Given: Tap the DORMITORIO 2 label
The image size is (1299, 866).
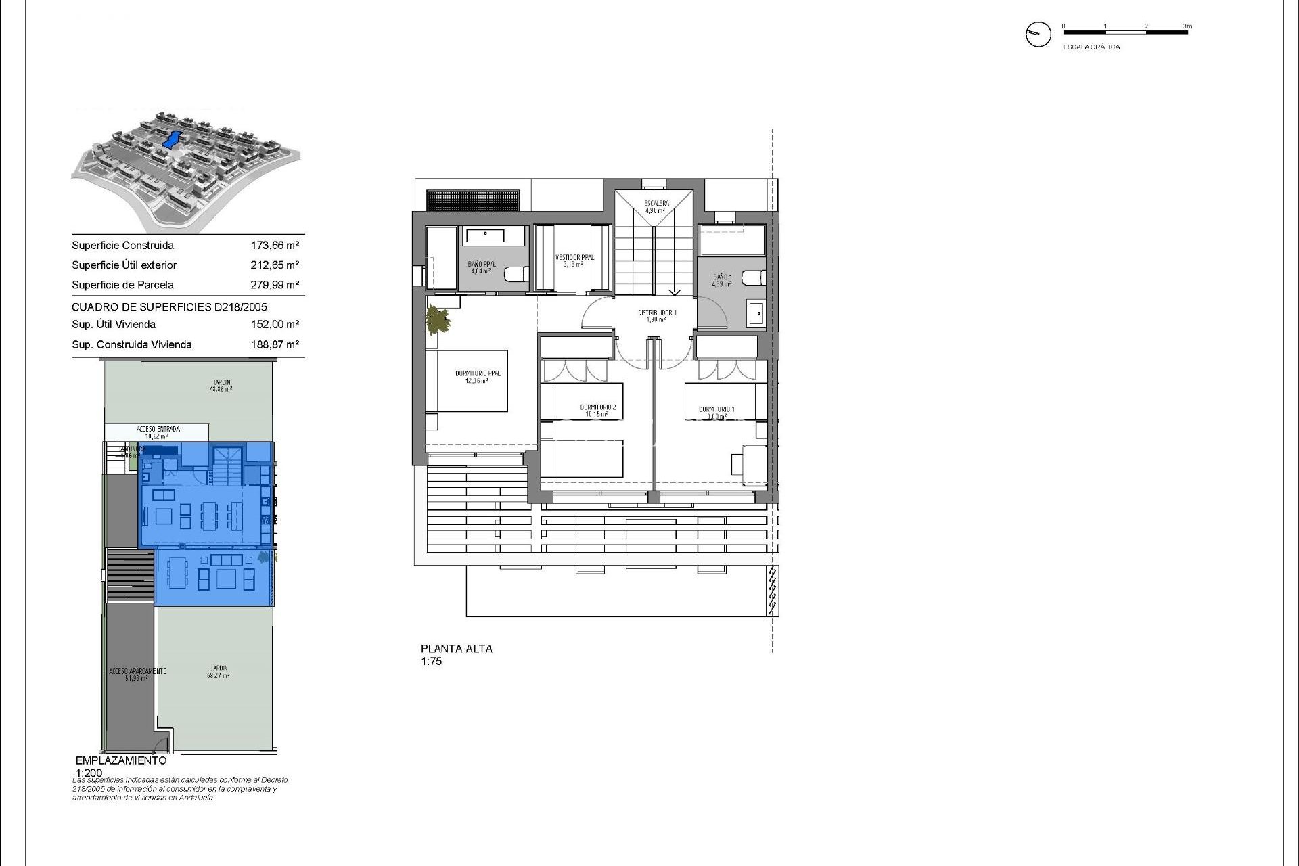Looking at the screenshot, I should (597, 408).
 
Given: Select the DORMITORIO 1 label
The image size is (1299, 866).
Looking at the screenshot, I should (716, 410).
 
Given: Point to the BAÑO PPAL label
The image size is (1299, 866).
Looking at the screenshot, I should (481, 265).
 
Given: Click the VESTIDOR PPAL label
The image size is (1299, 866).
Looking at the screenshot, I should (574, 258).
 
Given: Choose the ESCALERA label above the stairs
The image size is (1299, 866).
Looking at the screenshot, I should (656, 204).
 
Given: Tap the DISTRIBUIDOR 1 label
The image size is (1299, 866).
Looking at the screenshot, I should (656, 313).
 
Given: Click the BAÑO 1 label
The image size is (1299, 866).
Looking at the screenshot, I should (722, 277).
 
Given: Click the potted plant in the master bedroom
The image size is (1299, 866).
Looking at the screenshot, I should (438, 320).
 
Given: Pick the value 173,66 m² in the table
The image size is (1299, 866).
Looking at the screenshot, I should (275, 246).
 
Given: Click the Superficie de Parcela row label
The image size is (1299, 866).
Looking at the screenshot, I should (122, 285).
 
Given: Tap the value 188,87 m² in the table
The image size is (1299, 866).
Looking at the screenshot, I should (275, 344).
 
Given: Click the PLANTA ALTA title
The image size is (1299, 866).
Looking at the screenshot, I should (457, 649).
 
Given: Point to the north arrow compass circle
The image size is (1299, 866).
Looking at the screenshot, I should (1039, 34).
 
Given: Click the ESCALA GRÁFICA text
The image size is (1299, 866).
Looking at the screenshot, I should (1091, 47).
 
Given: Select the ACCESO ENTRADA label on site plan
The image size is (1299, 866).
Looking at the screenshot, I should (158, 430).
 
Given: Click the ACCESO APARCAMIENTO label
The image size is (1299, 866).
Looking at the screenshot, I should (137, 672).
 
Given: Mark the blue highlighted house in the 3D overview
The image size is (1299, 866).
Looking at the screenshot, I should (172, 140).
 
